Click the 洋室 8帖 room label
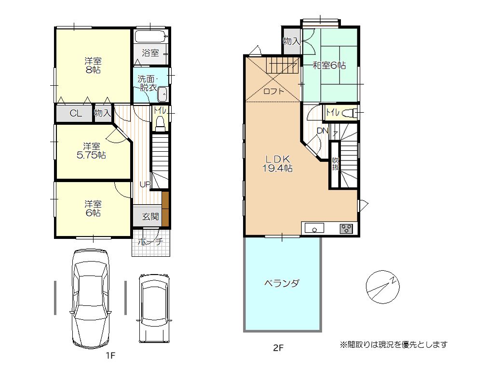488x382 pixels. click(x=93, y=65)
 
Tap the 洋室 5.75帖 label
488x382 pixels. click(x=92, y=150)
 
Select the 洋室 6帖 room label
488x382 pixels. click(x=93, y=209)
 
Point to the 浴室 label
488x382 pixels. click(x=150, y=53)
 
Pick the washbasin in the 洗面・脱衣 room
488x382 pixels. click(x=162, y=94)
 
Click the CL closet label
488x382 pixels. click(x=76, y=113)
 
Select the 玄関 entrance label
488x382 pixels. click(x=150, y=216)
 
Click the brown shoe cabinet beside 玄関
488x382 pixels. click(x=165, y=209)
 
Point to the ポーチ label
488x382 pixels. click(x=150, y=241)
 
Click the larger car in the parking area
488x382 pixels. click(x=91, y=298)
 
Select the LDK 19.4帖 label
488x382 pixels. click(x=277, y=163)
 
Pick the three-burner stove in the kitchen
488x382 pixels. click(x=346, y=229)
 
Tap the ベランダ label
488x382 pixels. click(x=282, y=283)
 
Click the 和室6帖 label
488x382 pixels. click(x=329, y=66)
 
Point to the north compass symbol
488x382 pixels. click(x=382, y=287)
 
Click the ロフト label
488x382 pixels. click(x=273, y=92)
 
